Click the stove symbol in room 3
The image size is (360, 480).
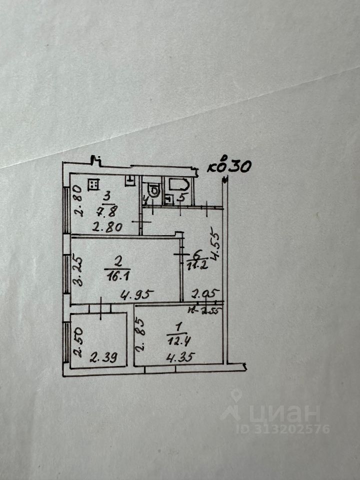click(x=92, y=185)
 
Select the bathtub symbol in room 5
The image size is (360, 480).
click(x=178, y=184)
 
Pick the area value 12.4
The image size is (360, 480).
click(x=178, y=343)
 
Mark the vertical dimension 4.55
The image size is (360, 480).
click(x=214, y=245)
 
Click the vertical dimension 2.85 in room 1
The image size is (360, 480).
click(x=141, y=338)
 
